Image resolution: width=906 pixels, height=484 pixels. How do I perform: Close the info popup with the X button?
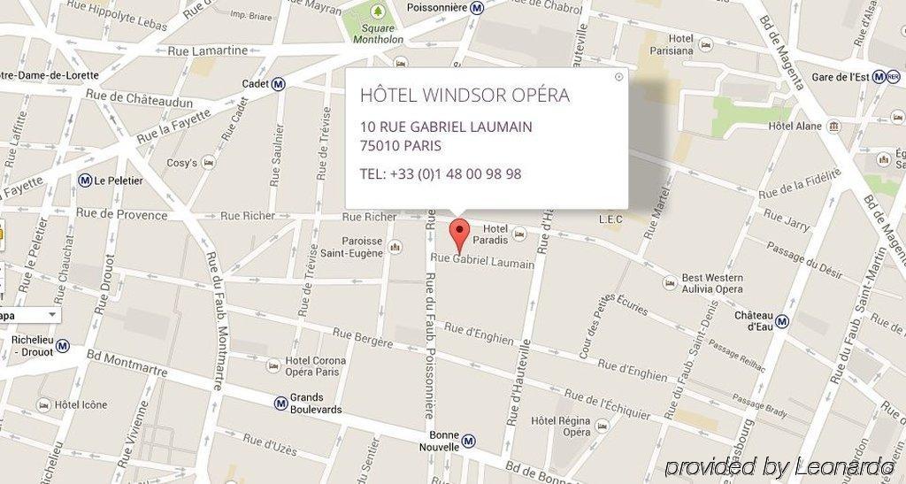tap(618, 77)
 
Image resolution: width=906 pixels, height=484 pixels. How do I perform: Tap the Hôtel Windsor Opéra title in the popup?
tap(465, 96)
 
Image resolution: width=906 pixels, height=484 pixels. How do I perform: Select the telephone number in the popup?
tap(440, 174)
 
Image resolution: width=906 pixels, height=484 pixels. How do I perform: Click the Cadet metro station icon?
tap(279, 84)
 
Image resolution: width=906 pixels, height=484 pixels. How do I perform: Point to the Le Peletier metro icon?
tap(85, 181)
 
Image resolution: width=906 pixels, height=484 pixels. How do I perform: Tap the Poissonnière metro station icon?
tap(477, 8)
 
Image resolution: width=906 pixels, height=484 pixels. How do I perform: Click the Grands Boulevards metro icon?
tap(280, 403)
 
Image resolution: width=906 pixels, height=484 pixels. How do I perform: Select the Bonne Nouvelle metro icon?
tap(469, 441)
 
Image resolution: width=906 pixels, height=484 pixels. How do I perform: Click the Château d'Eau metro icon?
tap(782, 320)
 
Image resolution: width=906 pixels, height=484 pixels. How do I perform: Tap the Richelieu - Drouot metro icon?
tap(62, 346)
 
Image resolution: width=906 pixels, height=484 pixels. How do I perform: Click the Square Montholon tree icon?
tap(378, 12)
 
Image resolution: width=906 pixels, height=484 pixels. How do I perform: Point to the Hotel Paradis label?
tap(489, 234)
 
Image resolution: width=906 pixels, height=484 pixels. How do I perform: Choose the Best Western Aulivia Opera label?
tap(711, 283)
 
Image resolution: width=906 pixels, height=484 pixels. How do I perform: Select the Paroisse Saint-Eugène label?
tap(351, 247)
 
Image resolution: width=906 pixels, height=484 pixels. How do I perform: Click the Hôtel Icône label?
tap(81, 405)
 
